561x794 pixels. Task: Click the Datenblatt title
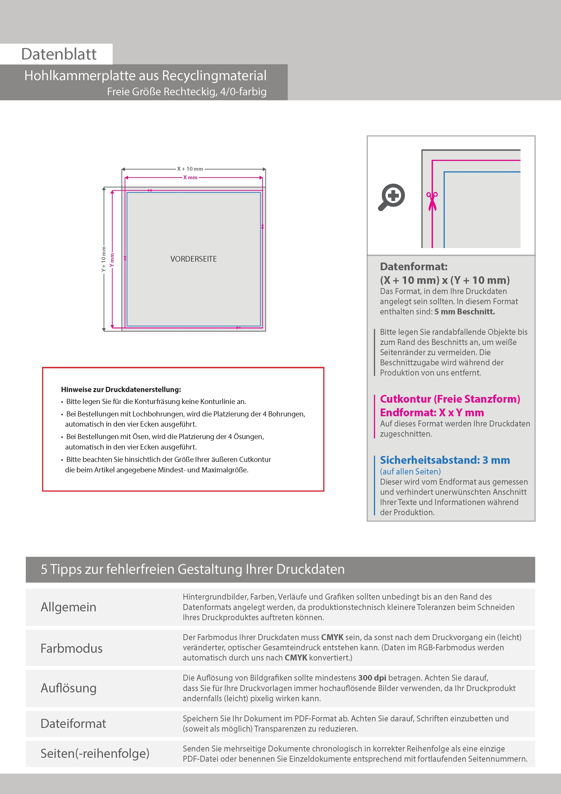(x=59, y=54)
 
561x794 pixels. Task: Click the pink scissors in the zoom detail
(x=432, y=201)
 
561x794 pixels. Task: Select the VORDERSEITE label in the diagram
(x=194, y=259)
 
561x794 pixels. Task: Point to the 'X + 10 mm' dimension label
(x=190, y=169)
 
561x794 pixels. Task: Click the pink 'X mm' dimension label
(x=190, y=178)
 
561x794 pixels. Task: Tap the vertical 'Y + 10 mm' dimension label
(x=103, y=259)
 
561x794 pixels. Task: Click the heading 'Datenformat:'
(x=414, y=267)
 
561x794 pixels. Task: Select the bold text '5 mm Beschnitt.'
(x=465, y=312)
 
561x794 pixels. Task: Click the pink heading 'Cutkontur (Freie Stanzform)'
(x=450, y=399)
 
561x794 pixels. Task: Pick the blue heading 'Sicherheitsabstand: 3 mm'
(x=445, y=460)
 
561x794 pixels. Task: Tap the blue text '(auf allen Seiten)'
(x=410, y=472)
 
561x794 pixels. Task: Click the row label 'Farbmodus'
(x=71, y=648)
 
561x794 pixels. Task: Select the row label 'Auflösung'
(x=69, y=688)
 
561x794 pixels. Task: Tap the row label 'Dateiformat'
(x=73, y=723)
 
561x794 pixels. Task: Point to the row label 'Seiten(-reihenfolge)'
(x=95, y=753)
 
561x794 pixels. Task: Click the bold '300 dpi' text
(x=372, y=678)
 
